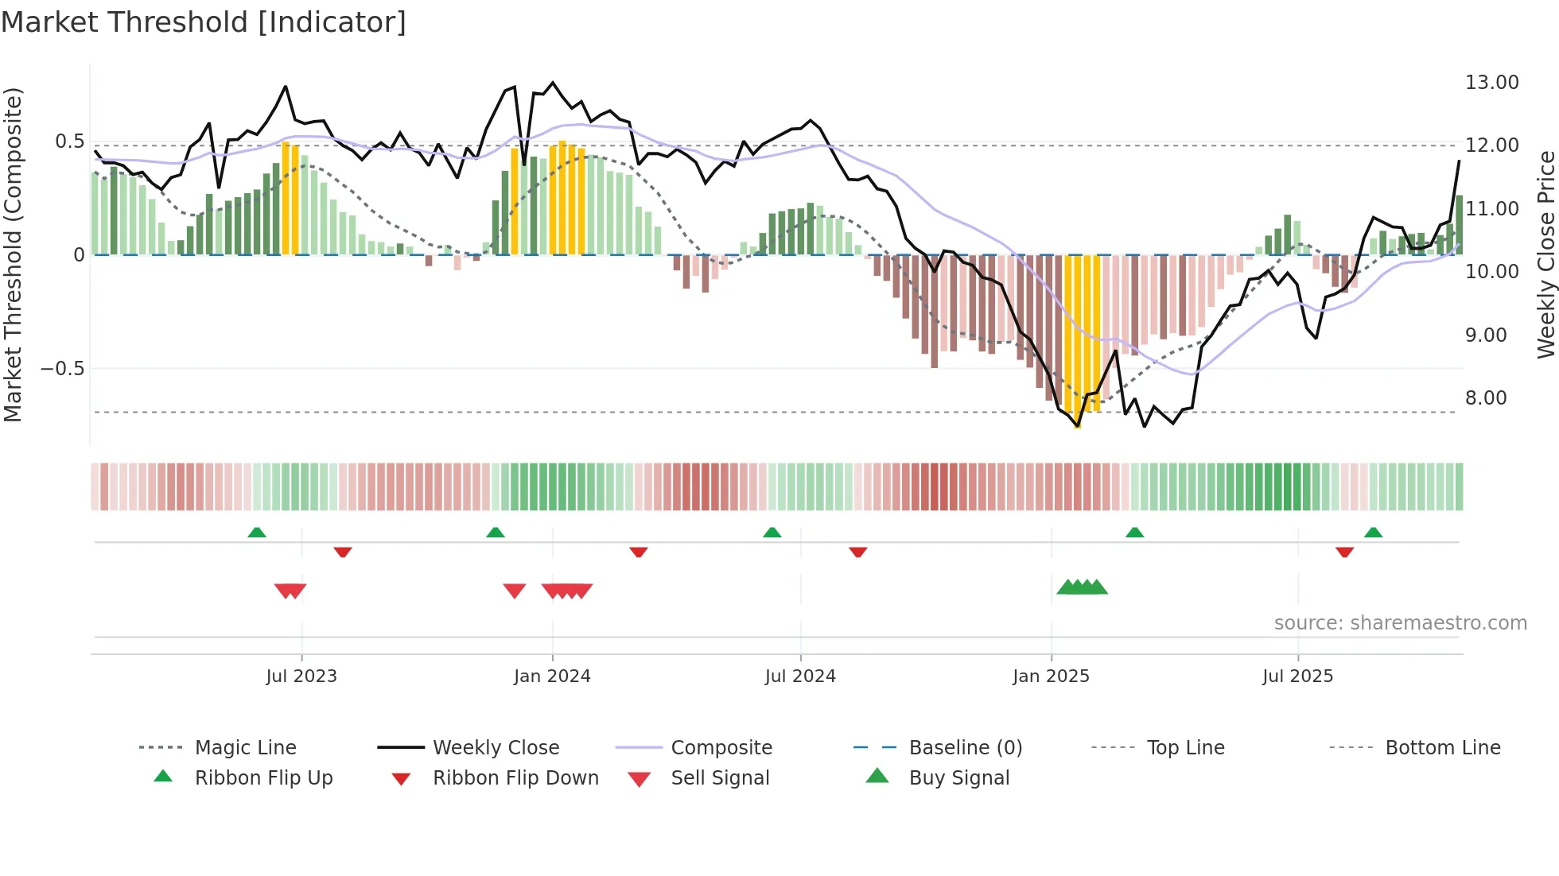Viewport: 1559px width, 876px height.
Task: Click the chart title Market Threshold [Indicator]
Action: [x=204, y=22]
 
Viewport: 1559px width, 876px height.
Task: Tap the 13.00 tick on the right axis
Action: [x=1491, y=83]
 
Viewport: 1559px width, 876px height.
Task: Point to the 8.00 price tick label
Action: [x=1485, y=398]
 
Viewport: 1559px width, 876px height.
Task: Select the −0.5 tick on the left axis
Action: [x=62, y=369]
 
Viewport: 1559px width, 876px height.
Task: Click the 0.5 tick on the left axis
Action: [x=69, y=141]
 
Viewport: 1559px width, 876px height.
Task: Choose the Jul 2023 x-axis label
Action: [x=301, y=676]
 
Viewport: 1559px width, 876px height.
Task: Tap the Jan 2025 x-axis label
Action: [x=1051, y=676]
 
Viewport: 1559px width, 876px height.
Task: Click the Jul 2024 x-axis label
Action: [x=800, y=676]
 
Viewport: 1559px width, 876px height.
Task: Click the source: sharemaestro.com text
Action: [x=1400, y=623]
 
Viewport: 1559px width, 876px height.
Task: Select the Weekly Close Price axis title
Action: [x=1545, y=254]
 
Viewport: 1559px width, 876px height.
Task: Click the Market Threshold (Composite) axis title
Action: [x=13, y=254]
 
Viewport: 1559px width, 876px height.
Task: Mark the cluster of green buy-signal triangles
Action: [x=1082, y=587]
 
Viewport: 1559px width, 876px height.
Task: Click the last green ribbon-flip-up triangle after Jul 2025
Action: [x=1373, y=533]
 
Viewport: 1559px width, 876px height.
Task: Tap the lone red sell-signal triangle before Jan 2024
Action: [x=515, y=591]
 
